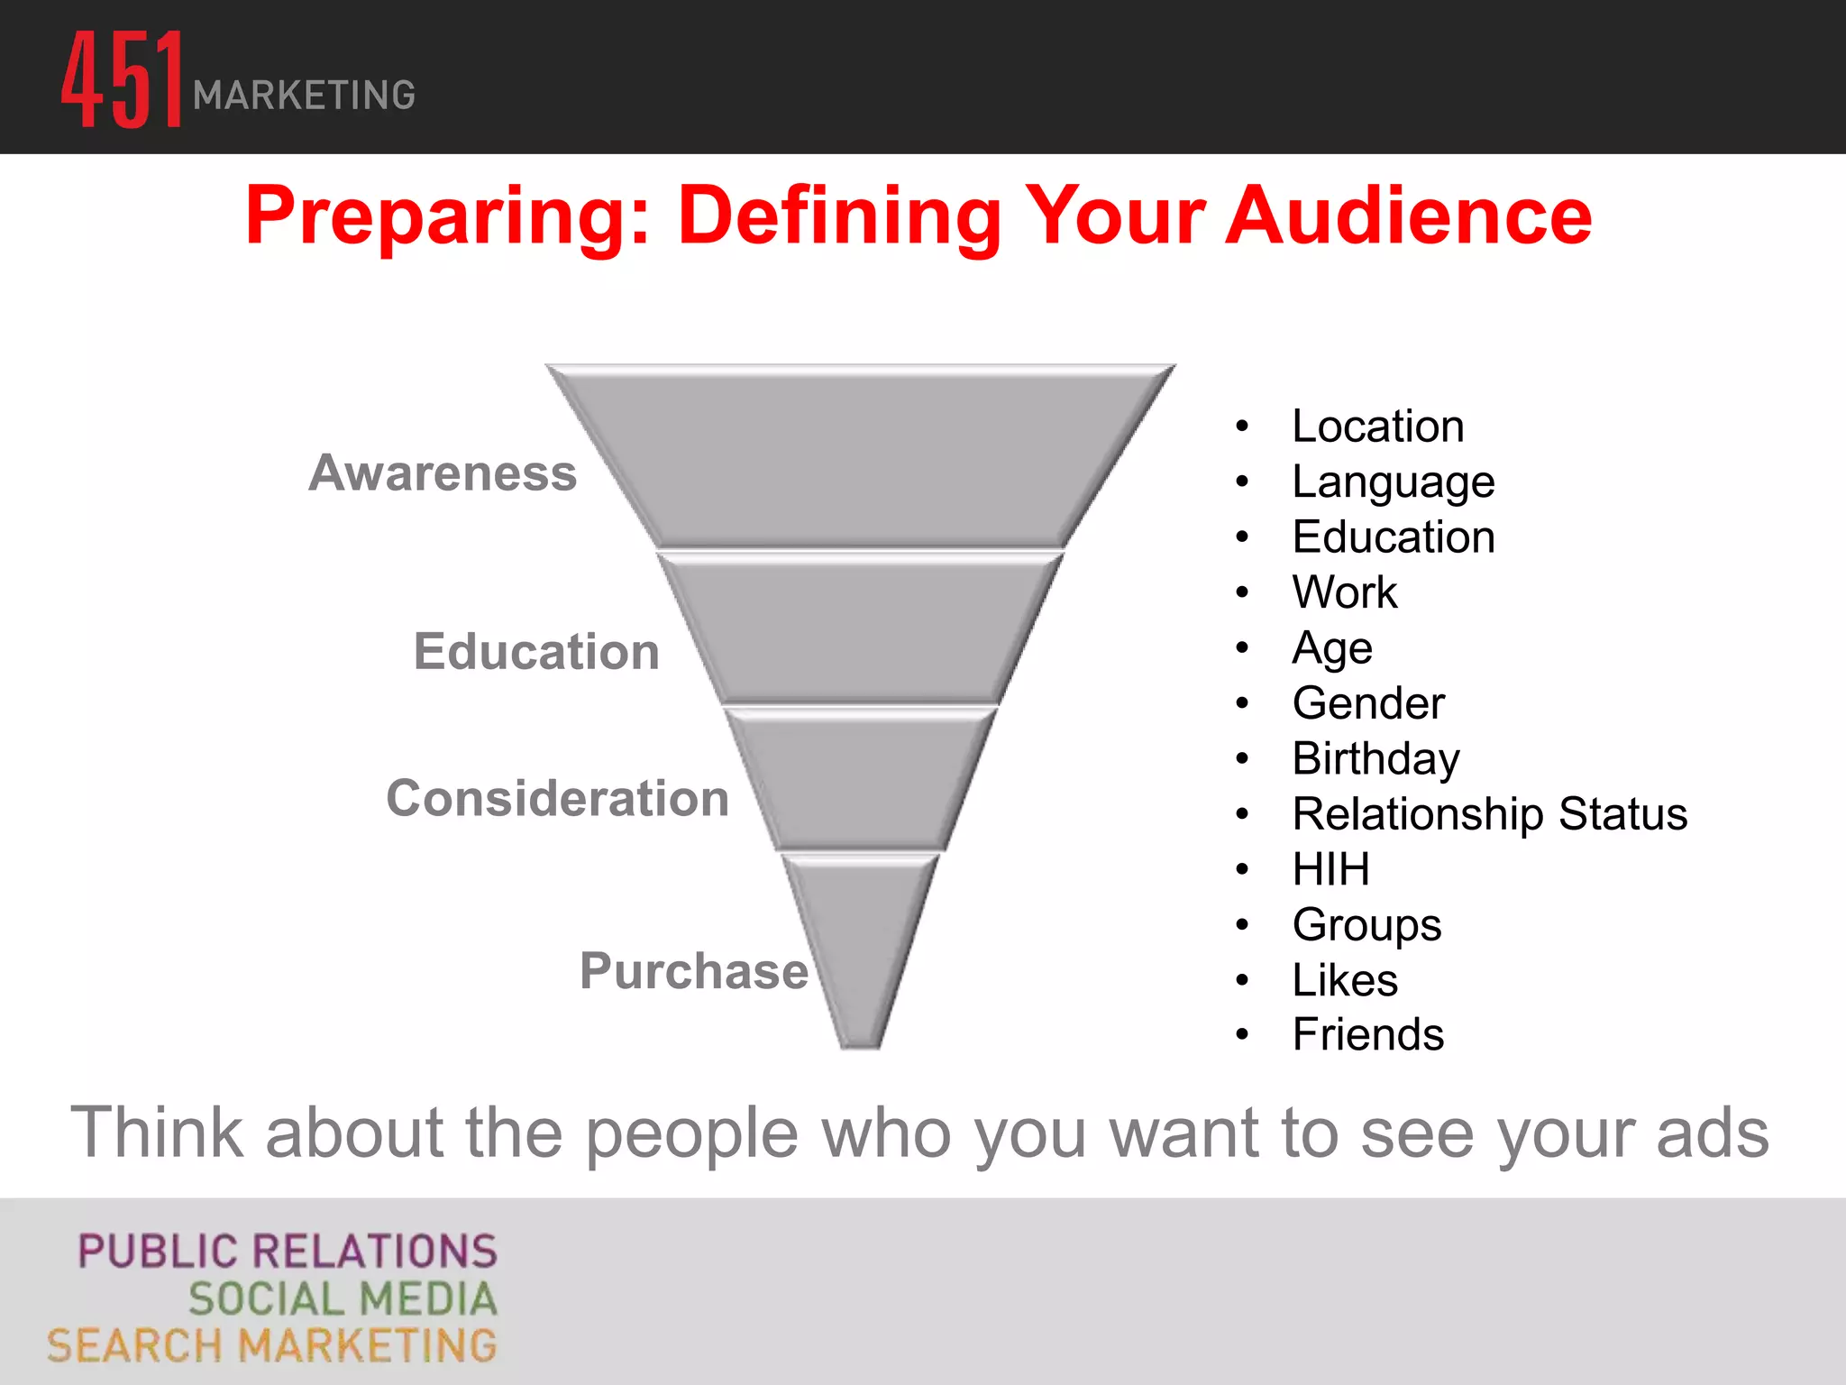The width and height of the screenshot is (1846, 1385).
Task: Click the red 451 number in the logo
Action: tap(122, 81)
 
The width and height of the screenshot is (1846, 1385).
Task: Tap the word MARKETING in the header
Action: tap(304, 96)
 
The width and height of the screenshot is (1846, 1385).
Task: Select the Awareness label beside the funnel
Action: tap(443, 473)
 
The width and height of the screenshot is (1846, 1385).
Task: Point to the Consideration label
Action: tap(557, 799)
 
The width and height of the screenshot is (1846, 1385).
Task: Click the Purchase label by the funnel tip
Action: tap(693, 971)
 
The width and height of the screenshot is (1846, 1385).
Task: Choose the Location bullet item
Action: tap(1377, 427)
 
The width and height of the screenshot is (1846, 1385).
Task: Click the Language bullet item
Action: tap(1393, 482)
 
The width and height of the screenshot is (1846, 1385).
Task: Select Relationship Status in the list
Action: tap(1489, 814)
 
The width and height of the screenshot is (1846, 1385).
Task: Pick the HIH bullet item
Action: tap(1330, 869)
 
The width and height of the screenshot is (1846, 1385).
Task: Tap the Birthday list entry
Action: tap(1375, 758)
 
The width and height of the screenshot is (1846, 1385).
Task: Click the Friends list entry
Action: tap(1367, 1034)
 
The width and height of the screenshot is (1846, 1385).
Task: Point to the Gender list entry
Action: tap(1367, 703)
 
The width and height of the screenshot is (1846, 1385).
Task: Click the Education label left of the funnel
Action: tap(536, 652)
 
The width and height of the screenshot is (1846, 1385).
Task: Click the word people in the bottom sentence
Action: tap(691, 1133)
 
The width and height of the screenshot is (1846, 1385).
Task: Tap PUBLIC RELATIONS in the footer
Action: tap(288, 1252)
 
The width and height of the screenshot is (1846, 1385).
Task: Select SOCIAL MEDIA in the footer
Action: tap(343, 1299)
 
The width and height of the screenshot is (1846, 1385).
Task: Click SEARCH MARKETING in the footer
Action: tap(271, 1346)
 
